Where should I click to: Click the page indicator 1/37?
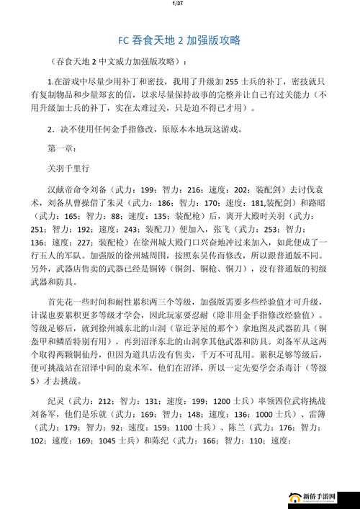(179, 4)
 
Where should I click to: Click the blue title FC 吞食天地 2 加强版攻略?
(179, 41)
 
